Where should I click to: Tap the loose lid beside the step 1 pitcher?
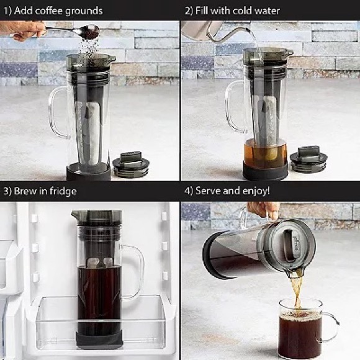pyautogui.click(x=131, y=164)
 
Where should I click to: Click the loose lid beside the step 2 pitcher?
pyautogui.click(x=308, y=160)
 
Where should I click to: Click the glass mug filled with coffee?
pyautogui.click(x=301, y=329)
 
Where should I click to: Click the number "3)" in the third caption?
pyautogui.click(x=8, y=191)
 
